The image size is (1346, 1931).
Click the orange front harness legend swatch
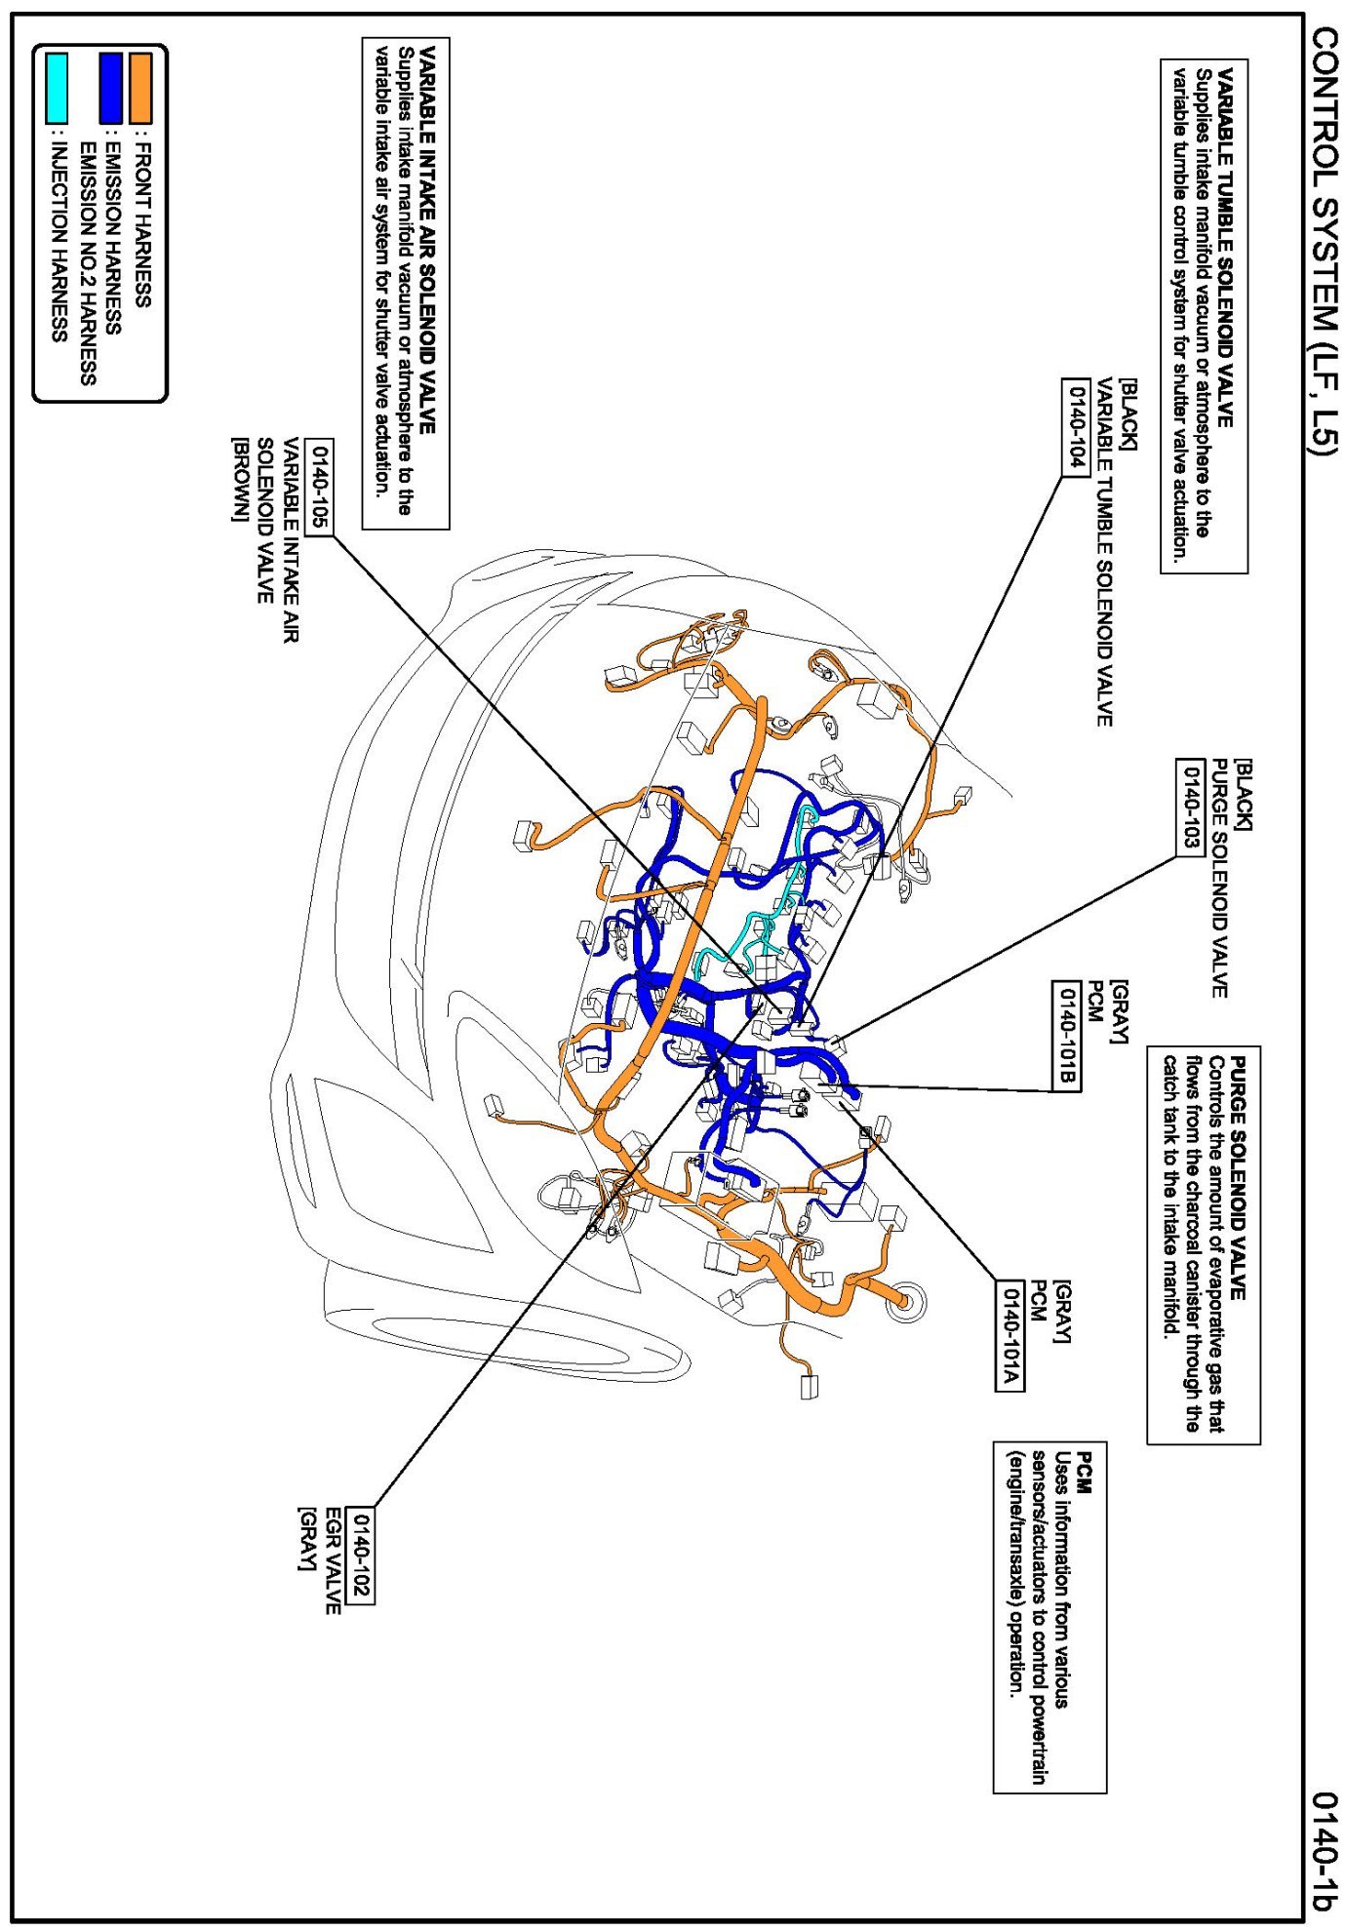140,89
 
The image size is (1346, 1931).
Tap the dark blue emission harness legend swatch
111,89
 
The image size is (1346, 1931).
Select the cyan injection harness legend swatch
58,89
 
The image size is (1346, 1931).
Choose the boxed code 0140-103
1189,807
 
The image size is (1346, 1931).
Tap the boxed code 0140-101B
1066,1037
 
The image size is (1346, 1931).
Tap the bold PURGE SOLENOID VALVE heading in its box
1238,1178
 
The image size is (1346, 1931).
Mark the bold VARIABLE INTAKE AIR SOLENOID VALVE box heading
426,239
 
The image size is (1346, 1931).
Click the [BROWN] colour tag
238,480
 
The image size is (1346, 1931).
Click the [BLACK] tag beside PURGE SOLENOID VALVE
1243,795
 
